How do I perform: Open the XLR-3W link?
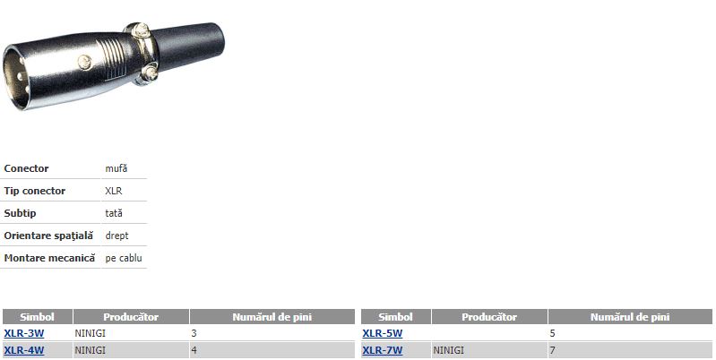pyautogui.click(x=23, y=333)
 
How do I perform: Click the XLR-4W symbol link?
pyautogui.click(x=23, y=350)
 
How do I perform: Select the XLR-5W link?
pyautogui.click(x=383, y=333)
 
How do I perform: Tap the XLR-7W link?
pyautogui.click(x=383, y=350)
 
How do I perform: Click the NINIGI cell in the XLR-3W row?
pyautogui.click(x=90, y=333)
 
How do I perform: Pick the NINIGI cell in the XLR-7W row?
pyautogui.click(x=448, y=350)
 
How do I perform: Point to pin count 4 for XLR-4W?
pyautogui.click(x=194, y=350)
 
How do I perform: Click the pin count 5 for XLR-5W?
pyautogui.click(x=553, y=333)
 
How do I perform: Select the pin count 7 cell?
pyautogui.click(x=553, y=350)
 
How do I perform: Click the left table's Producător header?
pyautogui.click(x=131, y=317)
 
